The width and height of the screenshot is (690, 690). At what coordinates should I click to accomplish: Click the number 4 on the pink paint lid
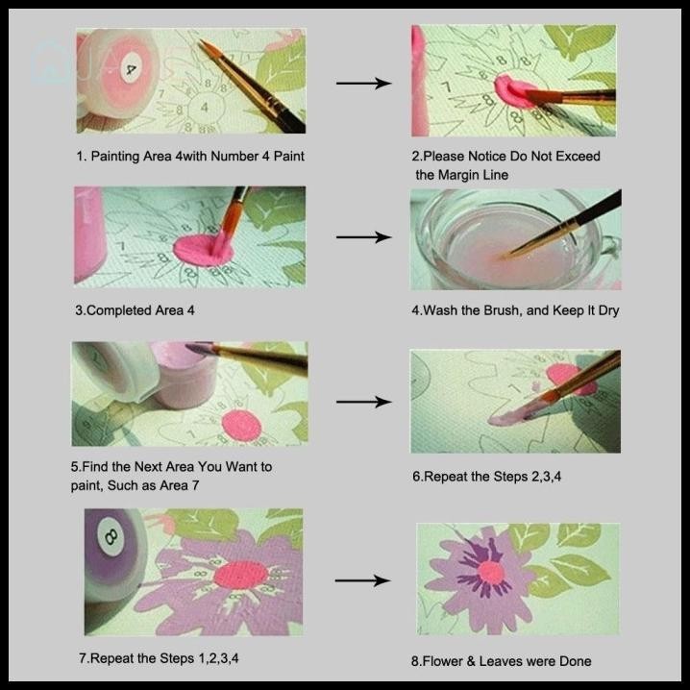(131, 68)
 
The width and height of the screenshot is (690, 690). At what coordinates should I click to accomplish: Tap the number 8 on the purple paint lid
(111, 536)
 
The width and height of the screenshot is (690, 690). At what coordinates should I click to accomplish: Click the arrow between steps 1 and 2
(363, 83)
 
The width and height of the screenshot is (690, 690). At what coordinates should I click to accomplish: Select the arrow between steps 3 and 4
(363, 237)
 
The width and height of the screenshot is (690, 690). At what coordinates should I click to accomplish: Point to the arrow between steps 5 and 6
(363, 402)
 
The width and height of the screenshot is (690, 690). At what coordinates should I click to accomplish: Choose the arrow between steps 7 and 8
(362, 580)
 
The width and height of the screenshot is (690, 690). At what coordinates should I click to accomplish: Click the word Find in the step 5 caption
(95, 466)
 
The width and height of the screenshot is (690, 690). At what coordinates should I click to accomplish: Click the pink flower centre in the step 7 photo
(241, 575)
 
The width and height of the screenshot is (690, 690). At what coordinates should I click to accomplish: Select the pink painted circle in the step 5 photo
(241, 425)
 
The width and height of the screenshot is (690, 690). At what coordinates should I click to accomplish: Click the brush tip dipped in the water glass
(503, 257)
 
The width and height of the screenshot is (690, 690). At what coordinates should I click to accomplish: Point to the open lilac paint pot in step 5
(185, 374)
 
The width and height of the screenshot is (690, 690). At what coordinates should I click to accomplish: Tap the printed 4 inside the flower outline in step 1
(204, 107)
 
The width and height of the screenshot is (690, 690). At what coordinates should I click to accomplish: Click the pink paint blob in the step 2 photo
(513, 91)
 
